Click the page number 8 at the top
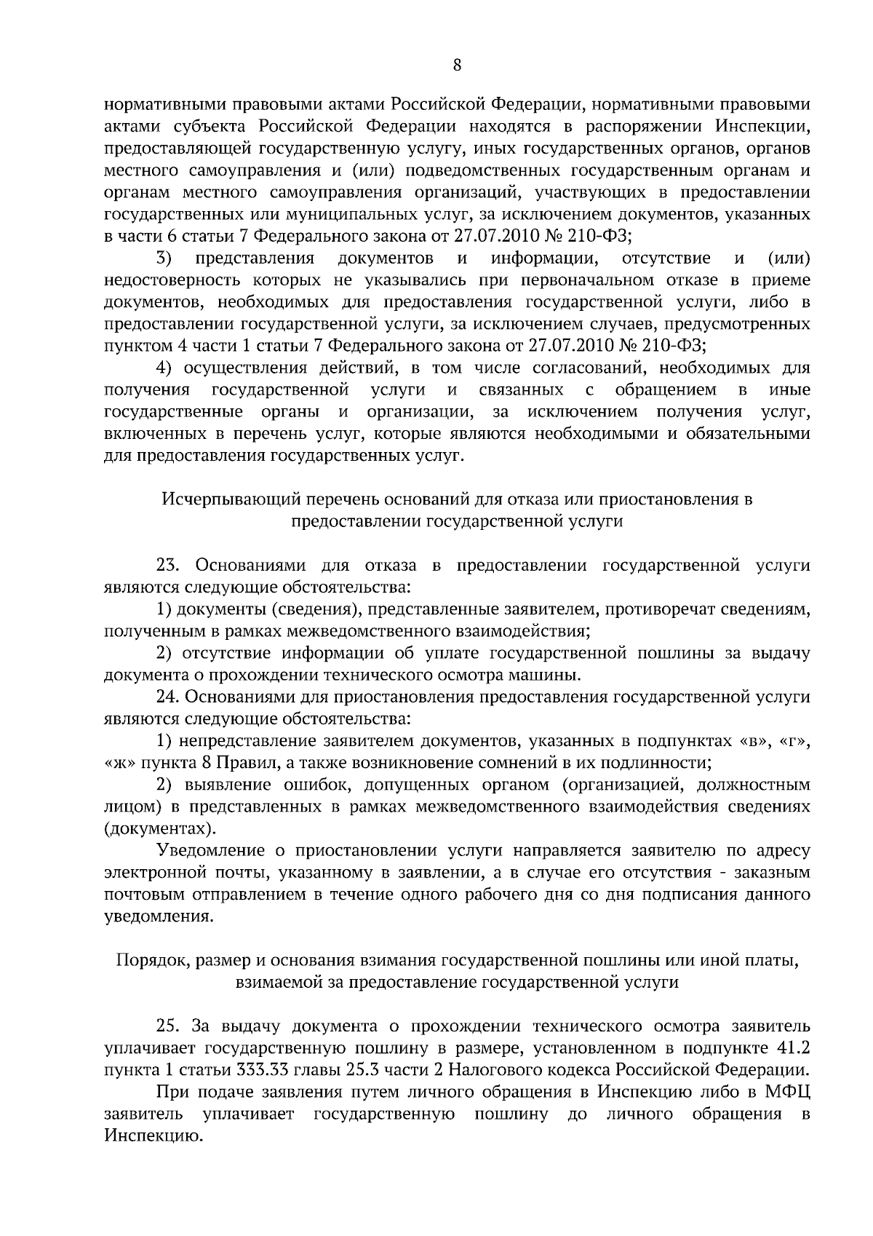[457, 65]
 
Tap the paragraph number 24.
[169, 697]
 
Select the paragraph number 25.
[169, 1027]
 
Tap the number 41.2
[794, 1049]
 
